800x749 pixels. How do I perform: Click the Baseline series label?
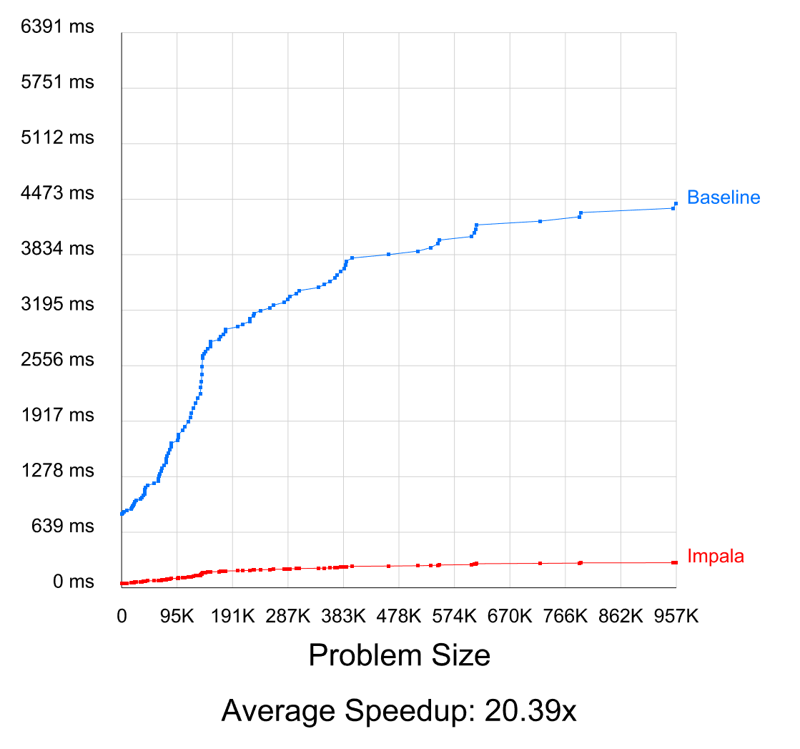point(723,197)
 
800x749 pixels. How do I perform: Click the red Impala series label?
point(715,556)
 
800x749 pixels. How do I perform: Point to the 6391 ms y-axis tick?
point(58,27)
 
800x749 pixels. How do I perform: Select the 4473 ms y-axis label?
point(58,193)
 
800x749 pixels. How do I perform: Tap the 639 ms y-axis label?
point(63,527)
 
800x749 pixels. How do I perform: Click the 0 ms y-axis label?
point(74,582)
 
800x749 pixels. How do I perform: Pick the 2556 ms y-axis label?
point(58,360)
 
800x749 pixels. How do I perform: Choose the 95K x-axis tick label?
point(177,617)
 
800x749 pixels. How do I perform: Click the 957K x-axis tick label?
point(676,617)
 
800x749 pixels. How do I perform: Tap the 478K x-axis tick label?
point(398,617)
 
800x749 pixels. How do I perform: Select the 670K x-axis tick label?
point(510,617)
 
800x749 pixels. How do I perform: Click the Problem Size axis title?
point(399,655)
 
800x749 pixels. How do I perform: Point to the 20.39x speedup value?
point(530,711)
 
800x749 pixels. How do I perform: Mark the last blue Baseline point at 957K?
point(676,203)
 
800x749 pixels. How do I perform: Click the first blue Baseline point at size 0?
point(122,514)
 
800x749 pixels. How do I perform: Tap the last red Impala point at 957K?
point(676,562)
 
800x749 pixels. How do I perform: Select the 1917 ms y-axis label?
point(58,416)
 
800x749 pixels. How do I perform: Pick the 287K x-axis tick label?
point(287,617)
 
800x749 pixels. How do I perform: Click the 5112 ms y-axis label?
point(58,137)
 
